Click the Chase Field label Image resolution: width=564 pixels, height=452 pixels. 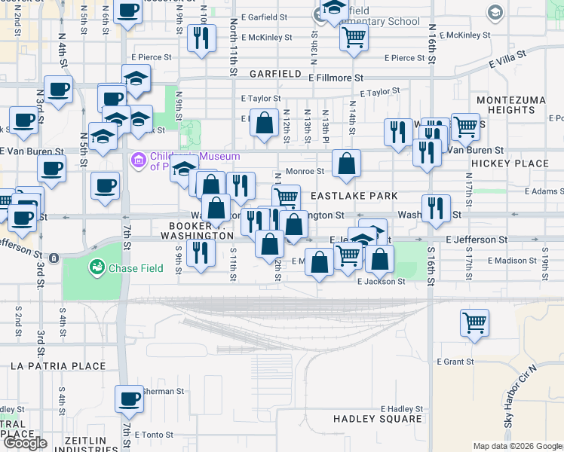coord(132,267)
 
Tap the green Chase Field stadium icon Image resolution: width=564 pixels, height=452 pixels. coord(97,267)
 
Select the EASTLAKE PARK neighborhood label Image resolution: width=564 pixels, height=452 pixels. coord(354,196)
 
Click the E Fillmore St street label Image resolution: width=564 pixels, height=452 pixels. coord(336,78)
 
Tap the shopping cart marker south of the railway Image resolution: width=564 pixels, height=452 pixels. coord(474,322)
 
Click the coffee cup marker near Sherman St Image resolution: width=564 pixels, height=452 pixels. coord(129,397)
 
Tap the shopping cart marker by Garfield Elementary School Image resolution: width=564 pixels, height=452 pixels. coord(354,38)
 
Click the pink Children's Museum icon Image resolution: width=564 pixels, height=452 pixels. coord(137,160)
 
